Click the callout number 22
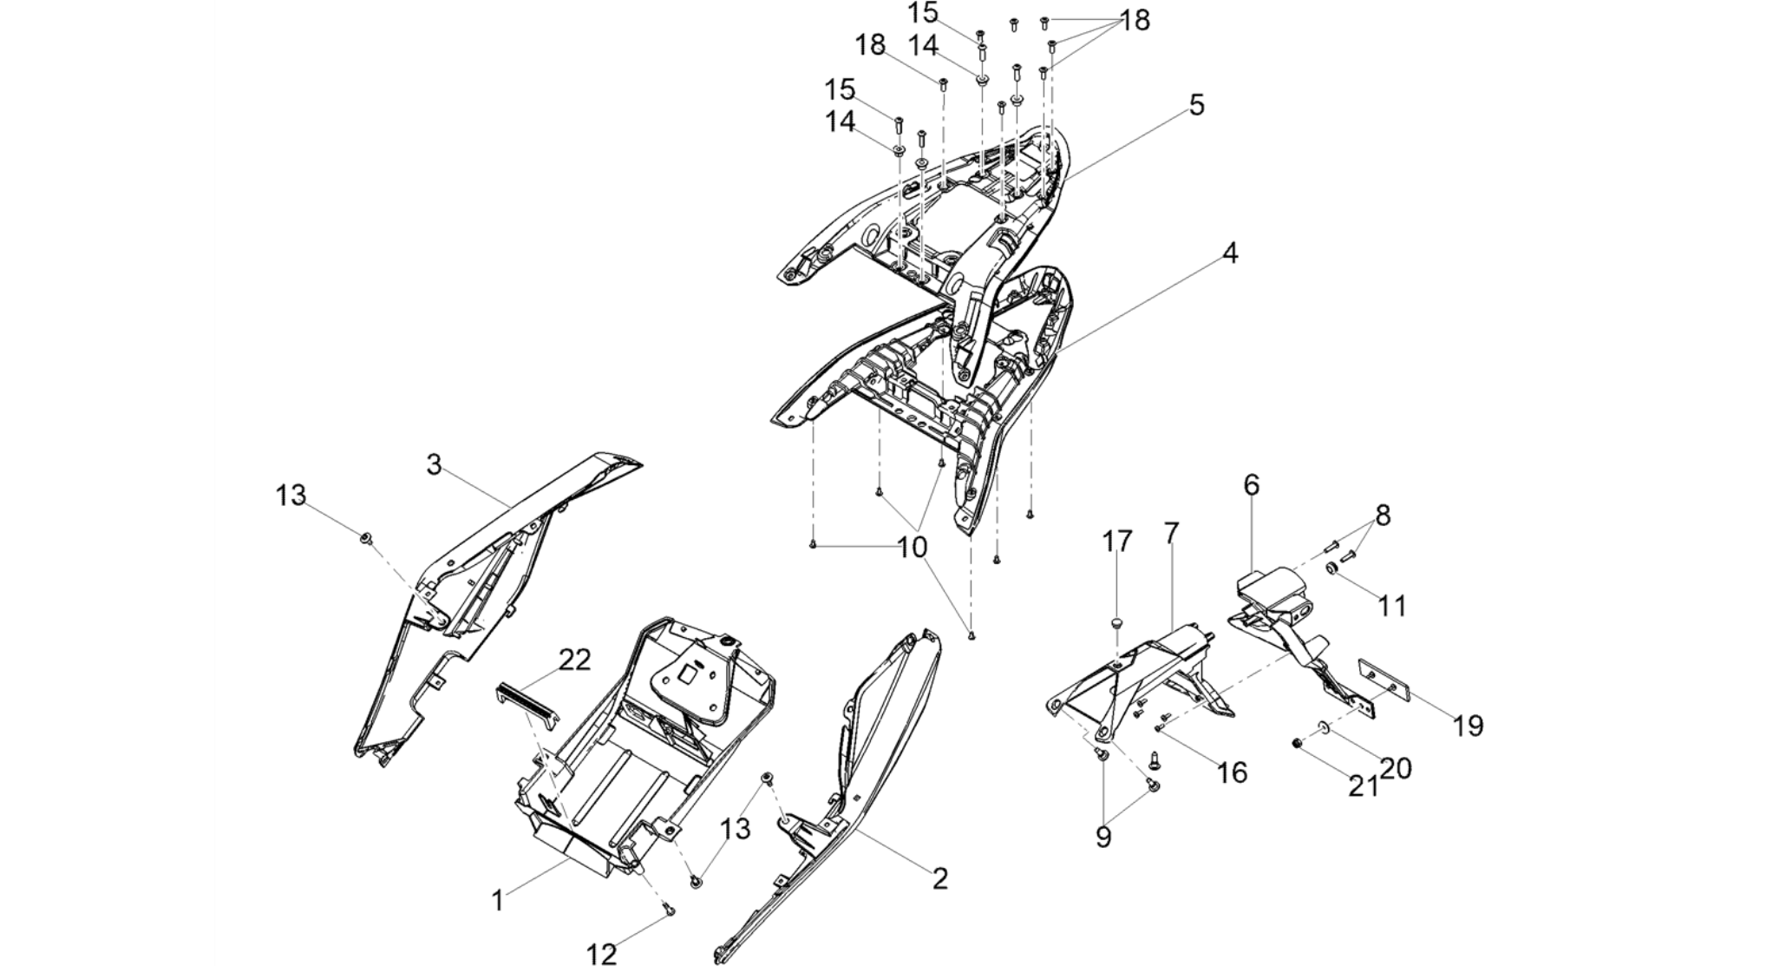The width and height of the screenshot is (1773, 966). click(x=574, y=660)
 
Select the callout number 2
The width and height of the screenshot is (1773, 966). click(x=940, y=878)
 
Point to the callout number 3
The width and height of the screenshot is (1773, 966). click(x=434, y=465)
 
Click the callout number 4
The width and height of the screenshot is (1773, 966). click(x=1230, y=253)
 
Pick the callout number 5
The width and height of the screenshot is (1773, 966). click(x=1197, y=105)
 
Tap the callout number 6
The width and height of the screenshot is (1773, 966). click(x=1251, y=484)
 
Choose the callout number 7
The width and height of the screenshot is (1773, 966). click(x=1171, y=533)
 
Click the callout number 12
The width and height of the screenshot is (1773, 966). click(x=601, y=954)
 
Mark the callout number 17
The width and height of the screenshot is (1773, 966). click(x=1117, y=542)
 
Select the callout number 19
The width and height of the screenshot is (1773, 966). click(x=1469, y=726)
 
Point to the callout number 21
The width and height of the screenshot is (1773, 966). click(x=1363, y=785)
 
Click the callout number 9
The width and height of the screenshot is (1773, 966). click(x=1103, y=838)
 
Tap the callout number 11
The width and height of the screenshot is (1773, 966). click(x=1392, y=605)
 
